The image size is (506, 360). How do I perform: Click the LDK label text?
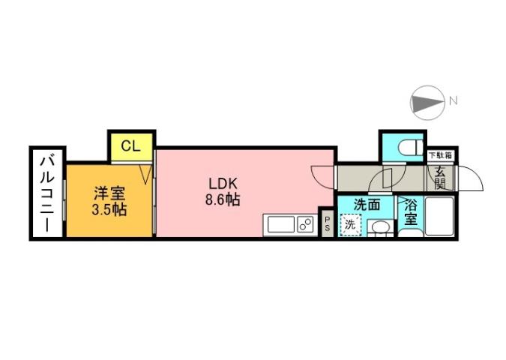click(223, 183)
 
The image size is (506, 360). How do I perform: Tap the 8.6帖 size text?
click(223, 200)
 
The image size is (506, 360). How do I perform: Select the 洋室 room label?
click(108, 191)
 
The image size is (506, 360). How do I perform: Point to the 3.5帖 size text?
click(108, 208)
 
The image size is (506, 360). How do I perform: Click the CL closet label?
click(130, 145)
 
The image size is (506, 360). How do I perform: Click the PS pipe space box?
click(327, 222)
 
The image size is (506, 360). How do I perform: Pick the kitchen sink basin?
click(279, 224)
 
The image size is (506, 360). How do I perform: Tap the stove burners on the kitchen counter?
click(304, 224)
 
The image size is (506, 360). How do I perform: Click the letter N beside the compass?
click(453, 100)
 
